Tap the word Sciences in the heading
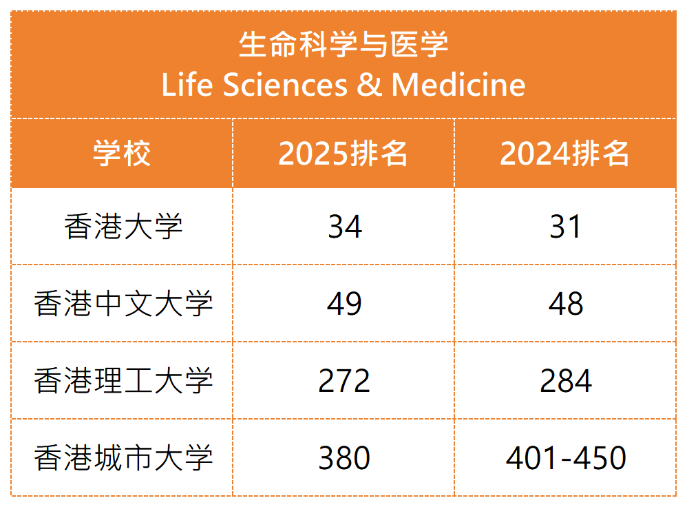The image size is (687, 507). click(x=284, y=85)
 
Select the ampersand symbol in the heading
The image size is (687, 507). click(x=369, y=85)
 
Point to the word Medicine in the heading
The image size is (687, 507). click(x=458, y=85)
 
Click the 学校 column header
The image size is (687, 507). click(x=122, y=153)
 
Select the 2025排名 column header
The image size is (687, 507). click(x=343, y=153)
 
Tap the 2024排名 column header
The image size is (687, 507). click(x=565, y=153)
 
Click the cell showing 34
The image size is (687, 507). click(x=344, y=227)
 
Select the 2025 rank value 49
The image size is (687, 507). click(x=344, y=304)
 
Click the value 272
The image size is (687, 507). click(x=344, y=381)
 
